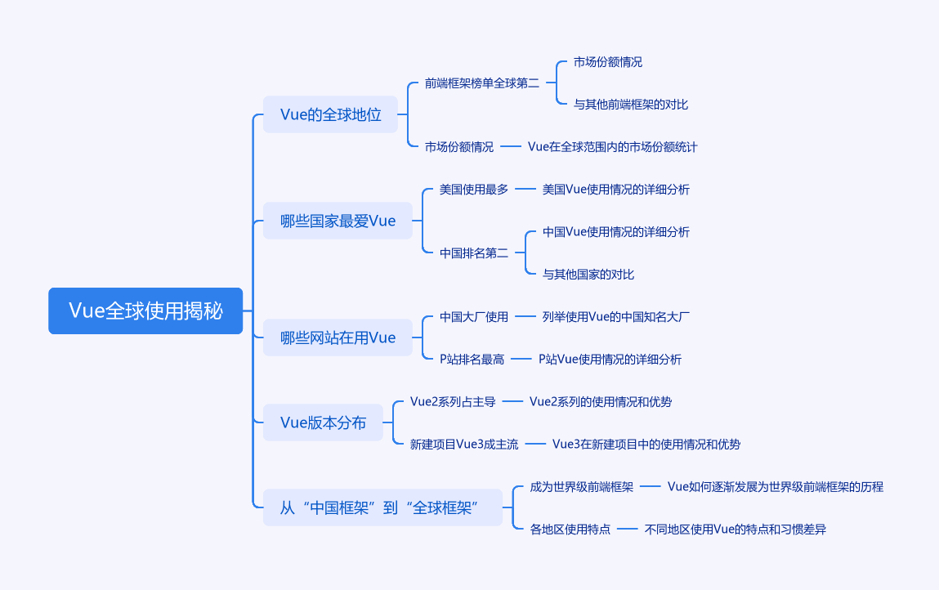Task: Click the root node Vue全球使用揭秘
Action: point(145,311)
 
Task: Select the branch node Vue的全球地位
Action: point(330,114)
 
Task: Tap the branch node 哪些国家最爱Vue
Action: point(338,221)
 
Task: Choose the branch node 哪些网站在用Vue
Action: point(338,337)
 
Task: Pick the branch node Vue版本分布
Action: point(323,422)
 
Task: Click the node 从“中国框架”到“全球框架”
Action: point(378,507)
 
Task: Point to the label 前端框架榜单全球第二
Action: point(482,83)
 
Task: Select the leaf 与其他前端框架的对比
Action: point(631,105)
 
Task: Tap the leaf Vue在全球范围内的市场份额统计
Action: point(612,147)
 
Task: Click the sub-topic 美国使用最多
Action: point(474,190)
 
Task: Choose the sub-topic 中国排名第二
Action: point(474,253)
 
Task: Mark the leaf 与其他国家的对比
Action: point(588,275)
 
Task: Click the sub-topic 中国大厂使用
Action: point(474,317)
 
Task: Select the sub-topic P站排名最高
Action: point(472,359)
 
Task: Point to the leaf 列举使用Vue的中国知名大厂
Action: point(616,317)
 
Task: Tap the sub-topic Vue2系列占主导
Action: point(453,401)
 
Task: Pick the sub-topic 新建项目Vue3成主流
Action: point(464,444)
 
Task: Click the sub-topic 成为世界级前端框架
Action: point(582,486)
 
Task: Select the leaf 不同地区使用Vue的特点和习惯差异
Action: point(736,529)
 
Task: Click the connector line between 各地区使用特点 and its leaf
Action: point(627,529)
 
